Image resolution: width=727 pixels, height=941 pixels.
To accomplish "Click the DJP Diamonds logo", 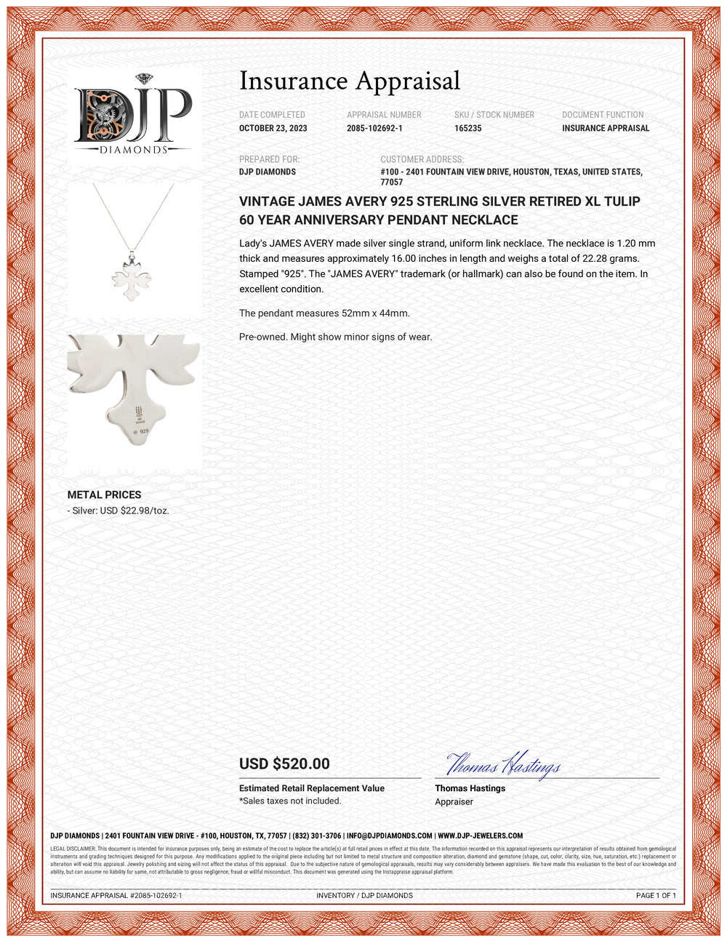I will (133, 115).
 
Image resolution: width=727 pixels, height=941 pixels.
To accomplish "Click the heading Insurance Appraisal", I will (350, 81).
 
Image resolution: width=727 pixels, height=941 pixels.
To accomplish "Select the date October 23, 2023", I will (273, 128).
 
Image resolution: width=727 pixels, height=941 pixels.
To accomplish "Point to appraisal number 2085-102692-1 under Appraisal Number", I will (374, 128).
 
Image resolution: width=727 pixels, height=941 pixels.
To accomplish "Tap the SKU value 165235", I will (467, 128).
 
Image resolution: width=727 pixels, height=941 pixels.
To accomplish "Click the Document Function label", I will (603, 115).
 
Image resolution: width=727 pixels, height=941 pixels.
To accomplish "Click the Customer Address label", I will (422, 159).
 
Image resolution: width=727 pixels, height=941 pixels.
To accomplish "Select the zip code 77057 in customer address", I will (391, 182).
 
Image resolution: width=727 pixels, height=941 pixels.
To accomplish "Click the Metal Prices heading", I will (104, 494).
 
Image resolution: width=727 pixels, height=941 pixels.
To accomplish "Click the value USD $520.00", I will (284, 764).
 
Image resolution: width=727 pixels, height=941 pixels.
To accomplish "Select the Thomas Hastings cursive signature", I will (502, 765).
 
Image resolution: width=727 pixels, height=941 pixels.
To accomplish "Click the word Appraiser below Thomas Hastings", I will (454, 801).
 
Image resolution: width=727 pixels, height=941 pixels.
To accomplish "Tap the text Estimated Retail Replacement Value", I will (312, 788).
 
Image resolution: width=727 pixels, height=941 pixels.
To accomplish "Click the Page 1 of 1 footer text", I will (656, 895).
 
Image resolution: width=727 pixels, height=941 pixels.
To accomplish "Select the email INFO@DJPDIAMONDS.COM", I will (390, 836).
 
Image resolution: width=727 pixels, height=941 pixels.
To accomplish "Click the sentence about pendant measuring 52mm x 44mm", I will (324, 313).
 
